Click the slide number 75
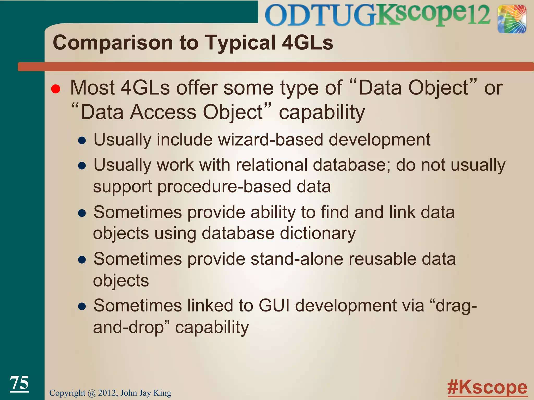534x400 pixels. tap(19, 383)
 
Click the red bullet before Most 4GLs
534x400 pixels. tap(56, 89)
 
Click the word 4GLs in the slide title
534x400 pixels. tap(308, 42)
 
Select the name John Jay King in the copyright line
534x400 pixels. tap(146, 393)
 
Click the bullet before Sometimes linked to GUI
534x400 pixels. tap(82, 307)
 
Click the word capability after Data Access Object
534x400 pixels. tap(322, 113)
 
